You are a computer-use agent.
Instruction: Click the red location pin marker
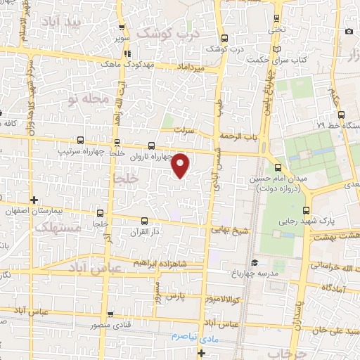[181, 165]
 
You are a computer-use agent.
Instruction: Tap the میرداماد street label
[191, 67]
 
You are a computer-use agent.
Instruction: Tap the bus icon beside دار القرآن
[144, 220]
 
